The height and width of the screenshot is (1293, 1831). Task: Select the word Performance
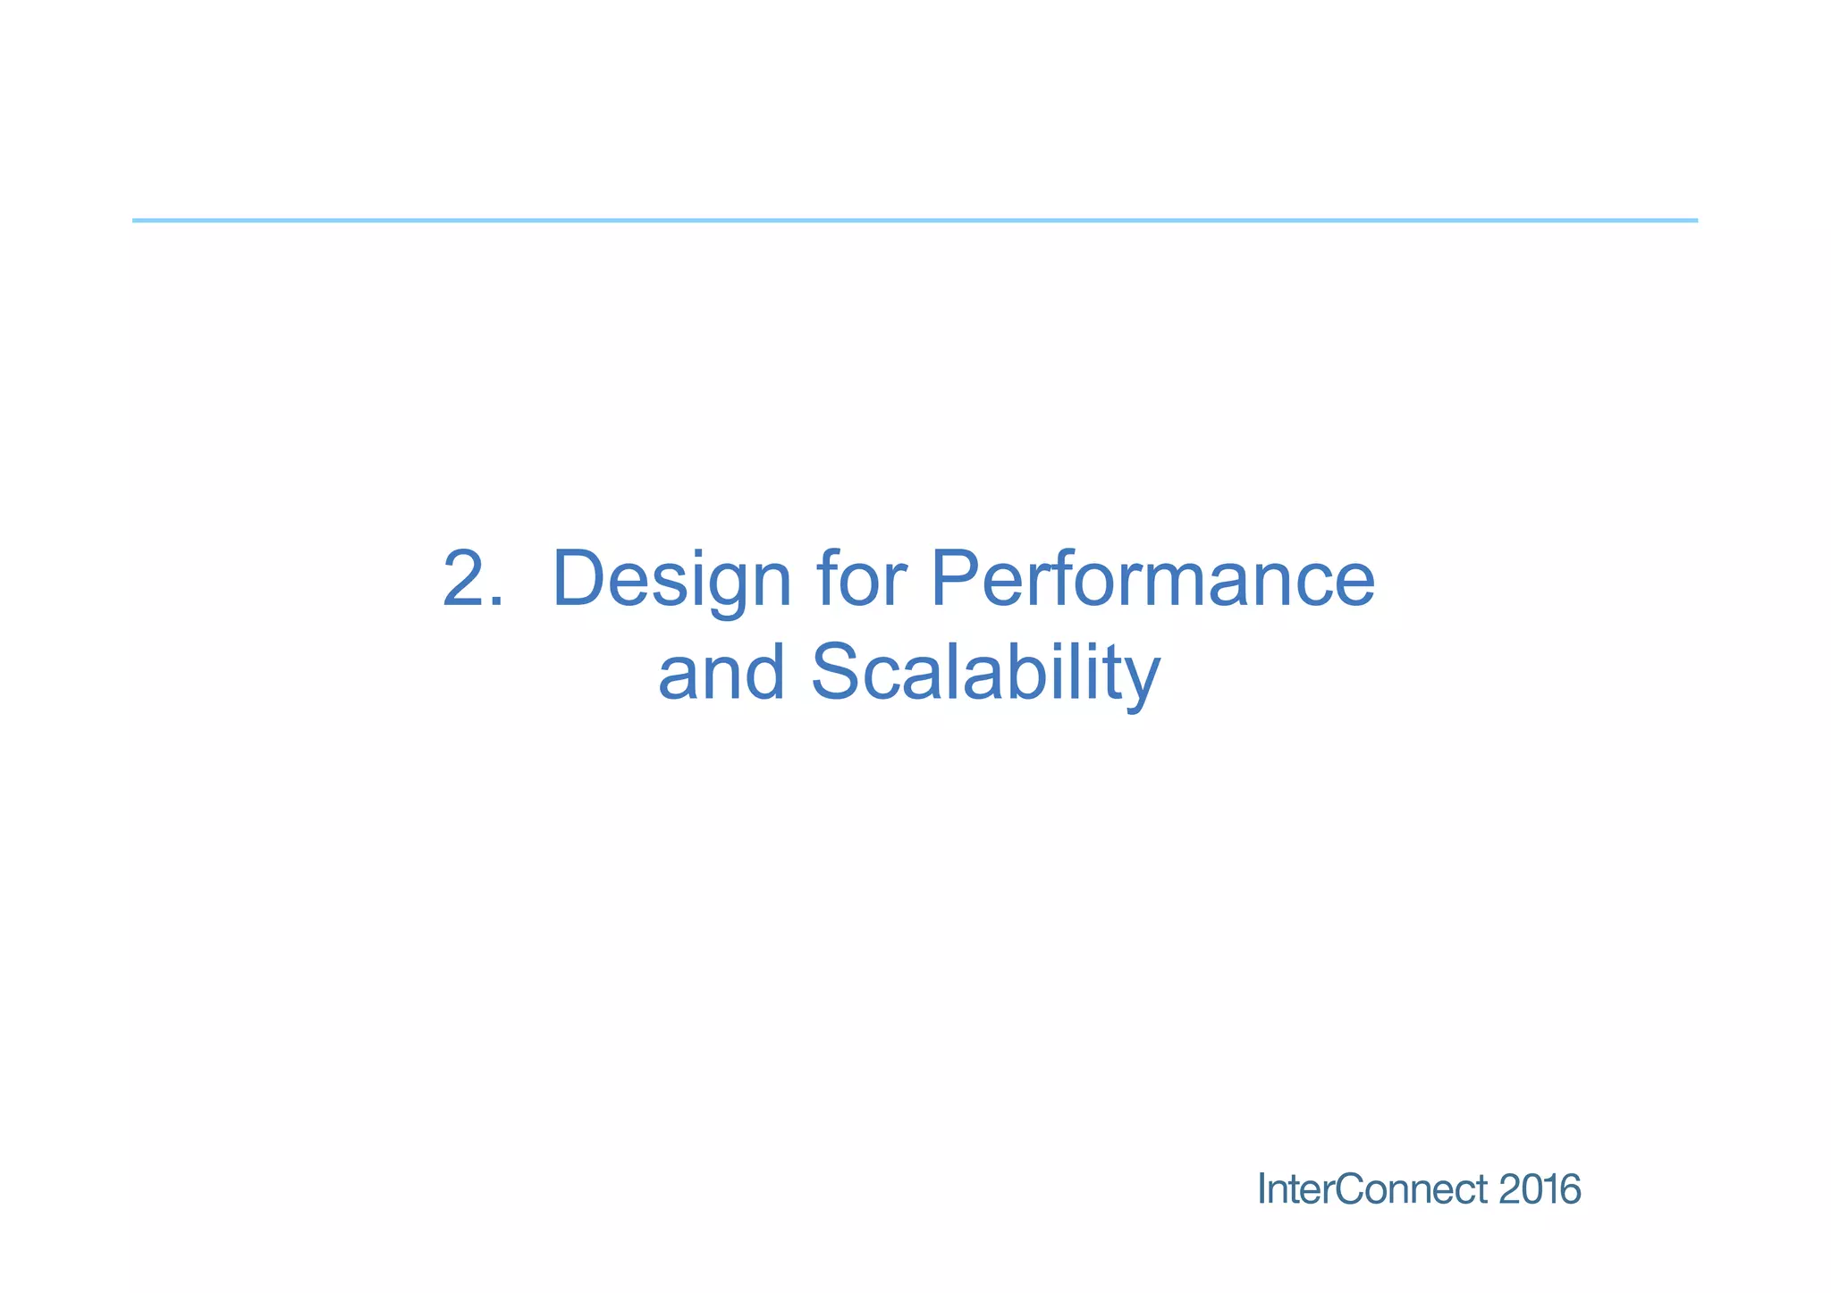pyautogui.click(x=1152, y=580)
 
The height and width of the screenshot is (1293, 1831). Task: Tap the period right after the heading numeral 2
pyautogui.click(x=497, y=604)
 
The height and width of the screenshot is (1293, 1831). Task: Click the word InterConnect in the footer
pyautogui.click(x=1372, y=1189)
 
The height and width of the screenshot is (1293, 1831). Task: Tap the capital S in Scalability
pyautogui.click(x=837, y=674)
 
